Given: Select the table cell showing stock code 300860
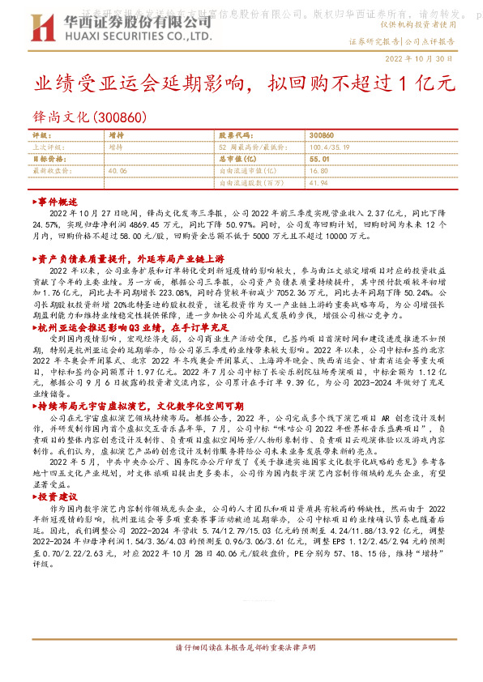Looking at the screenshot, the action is click(322, 136).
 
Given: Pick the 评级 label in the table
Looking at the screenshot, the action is click(41, 136).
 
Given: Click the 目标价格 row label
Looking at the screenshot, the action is click(47, 160).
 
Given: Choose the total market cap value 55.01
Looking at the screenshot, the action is click(318, 160).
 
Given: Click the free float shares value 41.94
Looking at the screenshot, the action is click(318, 183).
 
